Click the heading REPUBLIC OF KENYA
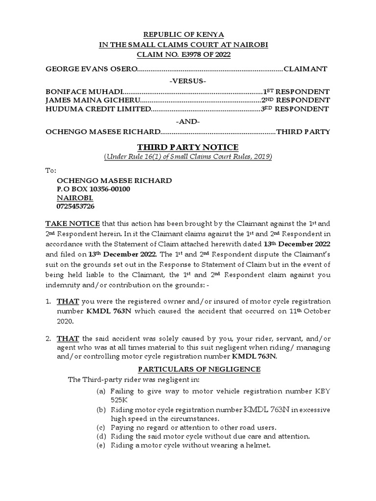[x=188, y=35]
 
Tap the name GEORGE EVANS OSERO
[x=92, y=69]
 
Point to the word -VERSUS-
[x=188, y=81]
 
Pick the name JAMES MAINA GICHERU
[x=92, y=100]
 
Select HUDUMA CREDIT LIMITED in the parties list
[x=97, y=109]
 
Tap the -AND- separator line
[x=188, y=121]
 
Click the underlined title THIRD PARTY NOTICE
[x=188, y=147]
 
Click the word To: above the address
[x=51, y=171]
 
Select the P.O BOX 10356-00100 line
[x=94, y=189]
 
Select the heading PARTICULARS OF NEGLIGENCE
[x=188, y=369]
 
